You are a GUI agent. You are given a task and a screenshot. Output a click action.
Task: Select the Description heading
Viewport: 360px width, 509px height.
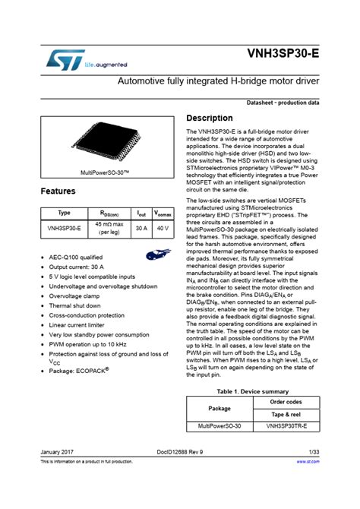pyautogui.click(x=210, y=119)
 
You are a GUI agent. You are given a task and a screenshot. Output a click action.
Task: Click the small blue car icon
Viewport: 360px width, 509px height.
pyautogui.click(x=156, y=256)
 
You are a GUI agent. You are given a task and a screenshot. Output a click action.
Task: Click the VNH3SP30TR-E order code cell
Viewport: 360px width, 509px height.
pyautogui.click(x=286, y=427)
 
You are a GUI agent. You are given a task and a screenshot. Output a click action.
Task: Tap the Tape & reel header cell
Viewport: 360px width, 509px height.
pyautogui.click(x=286, y=414)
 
